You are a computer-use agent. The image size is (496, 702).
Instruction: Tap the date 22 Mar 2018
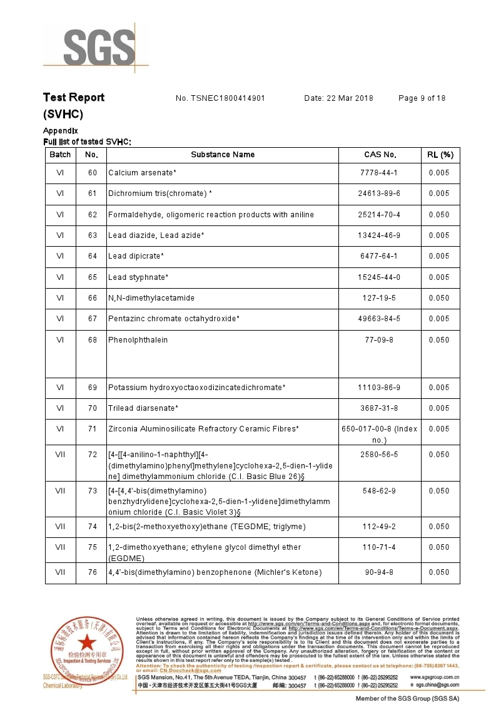[338, 98]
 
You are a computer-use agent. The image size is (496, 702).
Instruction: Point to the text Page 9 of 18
[422, 98]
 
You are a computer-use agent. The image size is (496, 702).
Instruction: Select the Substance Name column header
[223, 155]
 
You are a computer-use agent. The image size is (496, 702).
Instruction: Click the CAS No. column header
[380, 155]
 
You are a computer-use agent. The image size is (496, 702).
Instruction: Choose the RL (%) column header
[440, 155]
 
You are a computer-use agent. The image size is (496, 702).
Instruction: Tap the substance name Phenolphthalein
[138, 340]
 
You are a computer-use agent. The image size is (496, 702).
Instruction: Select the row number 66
[92, 298]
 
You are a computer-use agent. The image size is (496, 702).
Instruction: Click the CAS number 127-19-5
[379, 298]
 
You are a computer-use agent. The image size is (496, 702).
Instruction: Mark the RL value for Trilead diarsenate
[439, 408]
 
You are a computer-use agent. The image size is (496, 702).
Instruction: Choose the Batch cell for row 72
[60, 455]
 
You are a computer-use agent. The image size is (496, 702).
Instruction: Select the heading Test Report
[73, 98]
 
